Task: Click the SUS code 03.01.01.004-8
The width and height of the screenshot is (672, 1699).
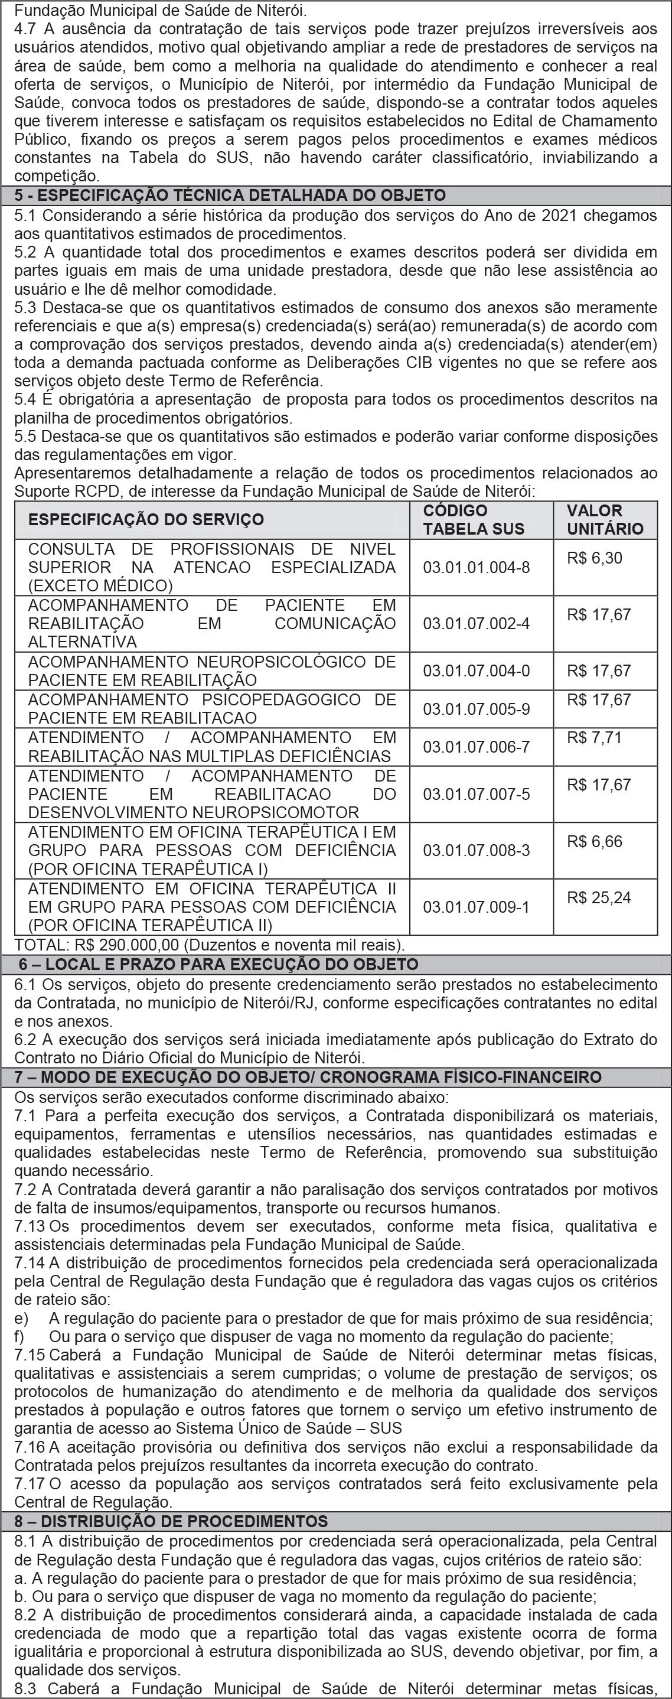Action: (x=476, y=567)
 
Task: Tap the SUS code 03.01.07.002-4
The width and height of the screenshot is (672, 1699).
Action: (x=476, y=623)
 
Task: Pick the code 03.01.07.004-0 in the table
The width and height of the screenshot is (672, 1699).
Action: (x=476, y=671)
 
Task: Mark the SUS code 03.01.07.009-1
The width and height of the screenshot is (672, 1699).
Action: (x=476, y=907)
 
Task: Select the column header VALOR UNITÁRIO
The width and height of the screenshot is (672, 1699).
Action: (x=605, y=520)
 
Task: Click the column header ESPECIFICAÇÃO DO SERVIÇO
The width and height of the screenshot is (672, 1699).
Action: (x=146, y=520)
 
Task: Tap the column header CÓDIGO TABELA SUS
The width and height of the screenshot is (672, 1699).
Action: (x=474, y=520)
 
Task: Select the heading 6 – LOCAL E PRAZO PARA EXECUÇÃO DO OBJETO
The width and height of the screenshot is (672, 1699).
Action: (x=218, y=964)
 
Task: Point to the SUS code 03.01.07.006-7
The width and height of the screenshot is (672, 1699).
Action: (x=476, y=747)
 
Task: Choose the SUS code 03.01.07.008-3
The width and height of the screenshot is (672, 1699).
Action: (x=476, y=850)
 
